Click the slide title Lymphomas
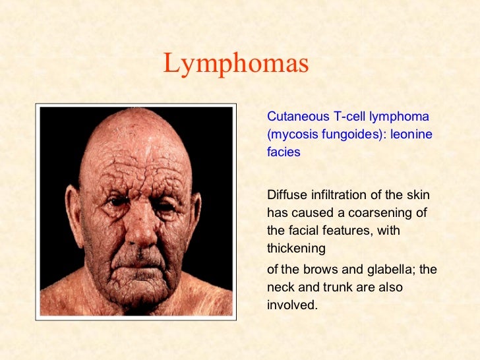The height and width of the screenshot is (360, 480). [235, 65]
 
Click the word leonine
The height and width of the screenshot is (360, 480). [411, 135]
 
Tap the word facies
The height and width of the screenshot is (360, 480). [284, 152]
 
